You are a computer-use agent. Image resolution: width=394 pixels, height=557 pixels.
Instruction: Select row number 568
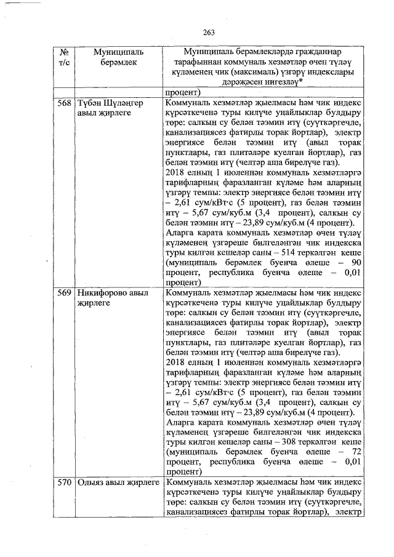(64, 102)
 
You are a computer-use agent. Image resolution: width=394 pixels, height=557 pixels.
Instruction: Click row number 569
(64, 293)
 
